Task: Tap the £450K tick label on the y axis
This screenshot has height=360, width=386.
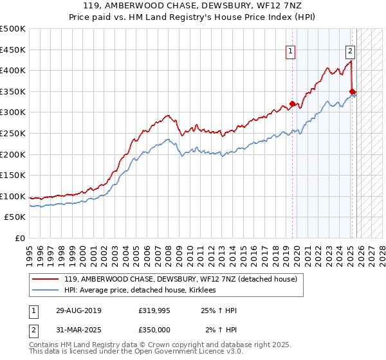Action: pyautogui.click(x=12, y=50)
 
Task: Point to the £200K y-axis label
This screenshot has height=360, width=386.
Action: pyautogui.click(x=12, y=154)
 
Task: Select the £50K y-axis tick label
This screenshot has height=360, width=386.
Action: pyautogui.click(x=15, y=217)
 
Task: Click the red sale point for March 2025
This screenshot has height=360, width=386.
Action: pyautogui.click(x=353, y=91)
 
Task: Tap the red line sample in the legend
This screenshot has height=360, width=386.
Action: pyautogui.click(x=46, y=279)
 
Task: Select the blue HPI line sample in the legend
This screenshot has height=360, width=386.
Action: pyautogui.click(x=46, y=291)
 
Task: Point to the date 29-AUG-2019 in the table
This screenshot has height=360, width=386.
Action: pyautogui.click(x=73, y=310)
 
